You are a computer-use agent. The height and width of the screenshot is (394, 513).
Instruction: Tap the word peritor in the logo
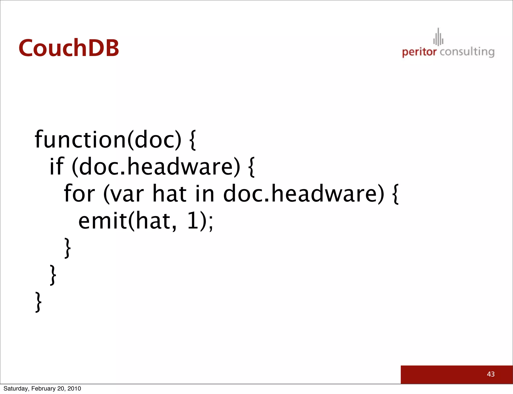[x=419, y=52]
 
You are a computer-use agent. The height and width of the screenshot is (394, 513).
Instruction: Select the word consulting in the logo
[x=467, y=52]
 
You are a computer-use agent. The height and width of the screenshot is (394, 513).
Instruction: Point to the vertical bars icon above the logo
[x=438, y=37]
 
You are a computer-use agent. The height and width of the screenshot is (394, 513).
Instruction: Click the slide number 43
[x=491, y=374]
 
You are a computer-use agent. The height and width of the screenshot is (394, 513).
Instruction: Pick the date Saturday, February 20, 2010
[x=42, y=388]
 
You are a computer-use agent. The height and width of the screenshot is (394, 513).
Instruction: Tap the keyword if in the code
[x=57, y=166]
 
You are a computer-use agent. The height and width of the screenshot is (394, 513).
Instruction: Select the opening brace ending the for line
[x=395, y=194]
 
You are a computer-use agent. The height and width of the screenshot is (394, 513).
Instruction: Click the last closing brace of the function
[x=38, y=302]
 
